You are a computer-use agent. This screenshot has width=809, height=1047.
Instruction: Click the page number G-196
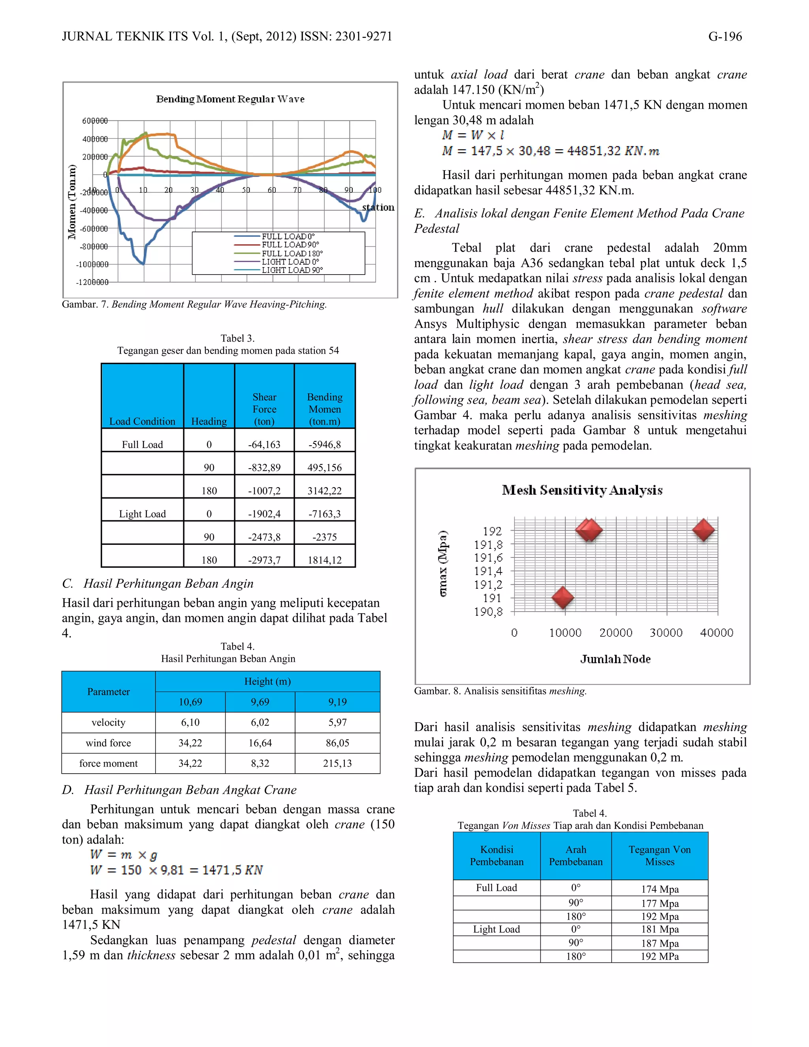pos(724,37)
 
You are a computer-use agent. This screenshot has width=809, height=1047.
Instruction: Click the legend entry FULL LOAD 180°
pos(292,253)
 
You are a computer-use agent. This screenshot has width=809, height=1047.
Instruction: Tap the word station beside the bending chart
pos(378,207)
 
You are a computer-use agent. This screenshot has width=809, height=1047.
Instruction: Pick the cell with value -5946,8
pos(324,444)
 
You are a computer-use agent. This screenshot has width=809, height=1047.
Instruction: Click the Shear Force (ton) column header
pos(264,409)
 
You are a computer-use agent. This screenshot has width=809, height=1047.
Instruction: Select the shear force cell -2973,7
pos(264,560)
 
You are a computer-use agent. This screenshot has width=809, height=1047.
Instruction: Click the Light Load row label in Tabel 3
pos(142,514)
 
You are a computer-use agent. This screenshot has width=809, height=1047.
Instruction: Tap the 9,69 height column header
pos(260,702)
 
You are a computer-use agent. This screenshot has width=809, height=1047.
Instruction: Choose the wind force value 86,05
pos(337,743)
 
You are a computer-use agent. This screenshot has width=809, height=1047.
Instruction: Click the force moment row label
pos(108,763)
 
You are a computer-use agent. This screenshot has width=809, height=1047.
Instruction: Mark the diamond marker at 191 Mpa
pos(563,597)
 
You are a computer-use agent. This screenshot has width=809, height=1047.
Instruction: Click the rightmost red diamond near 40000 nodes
pos(704,530)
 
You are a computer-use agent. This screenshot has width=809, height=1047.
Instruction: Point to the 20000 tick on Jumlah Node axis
pos(616,633)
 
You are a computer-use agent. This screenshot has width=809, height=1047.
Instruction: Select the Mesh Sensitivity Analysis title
pos(582,490)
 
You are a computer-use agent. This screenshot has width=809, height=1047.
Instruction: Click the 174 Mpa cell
pos(659,889)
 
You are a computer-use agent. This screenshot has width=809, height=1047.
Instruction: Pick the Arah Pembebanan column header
pos(576,855)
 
